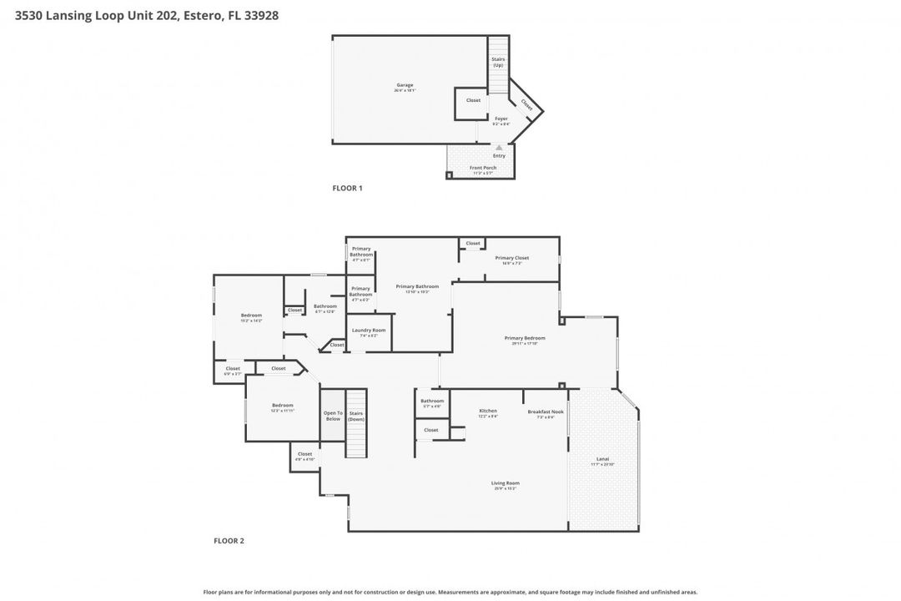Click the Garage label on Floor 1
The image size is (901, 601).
405,85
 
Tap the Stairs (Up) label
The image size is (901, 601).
498,63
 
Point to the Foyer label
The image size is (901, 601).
501,119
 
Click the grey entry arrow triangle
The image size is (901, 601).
499,148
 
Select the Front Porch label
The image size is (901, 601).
482,168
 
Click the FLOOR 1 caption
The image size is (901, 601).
347,189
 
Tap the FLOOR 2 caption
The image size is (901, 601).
229,541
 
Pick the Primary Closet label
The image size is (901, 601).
508,258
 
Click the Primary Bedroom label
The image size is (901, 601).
525,338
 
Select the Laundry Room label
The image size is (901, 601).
368,331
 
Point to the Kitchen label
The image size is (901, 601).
488,411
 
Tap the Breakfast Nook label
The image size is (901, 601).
546,411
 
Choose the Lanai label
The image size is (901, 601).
602,458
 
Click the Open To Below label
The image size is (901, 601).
333,416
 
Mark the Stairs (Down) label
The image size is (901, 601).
356,416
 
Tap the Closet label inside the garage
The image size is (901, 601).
473,100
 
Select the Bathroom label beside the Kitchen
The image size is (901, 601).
432,401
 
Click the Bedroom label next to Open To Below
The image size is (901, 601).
282,406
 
